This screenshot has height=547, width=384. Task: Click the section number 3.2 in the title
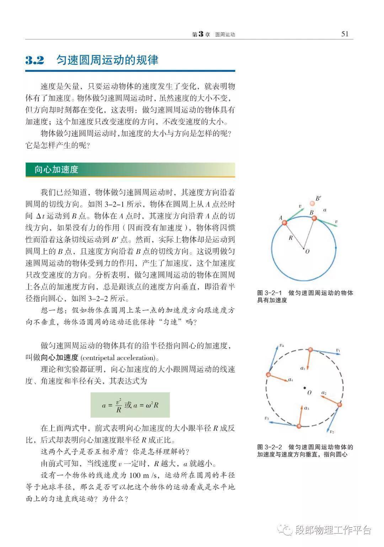pos(34,60)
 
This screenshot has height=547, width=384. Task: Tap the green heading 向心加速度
pos(56,170)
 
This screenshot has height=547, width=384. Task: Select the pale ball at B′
pos(312,203)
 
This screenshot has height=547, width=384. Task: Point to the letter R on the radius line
pos(290,238)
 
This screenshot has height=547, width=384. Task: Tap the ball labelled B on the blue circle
pos(314,218)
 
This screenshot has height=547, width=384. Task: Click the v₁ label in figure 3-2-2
pos(338,350)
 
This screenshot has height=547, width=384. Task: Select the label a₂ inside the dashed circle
pos(324,393)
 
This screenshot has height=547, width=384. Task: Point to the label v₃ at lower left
pos(267,418)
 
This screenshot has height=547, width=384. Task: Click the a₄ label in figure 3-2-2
pos(290,380)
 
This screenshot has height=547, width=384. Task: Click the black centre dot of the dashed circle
pos(304,388)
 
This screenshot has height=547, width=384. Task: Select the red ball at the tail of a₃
pos(299,426)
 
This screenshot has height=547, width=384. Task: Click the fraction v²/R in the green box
pos(119,405)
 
